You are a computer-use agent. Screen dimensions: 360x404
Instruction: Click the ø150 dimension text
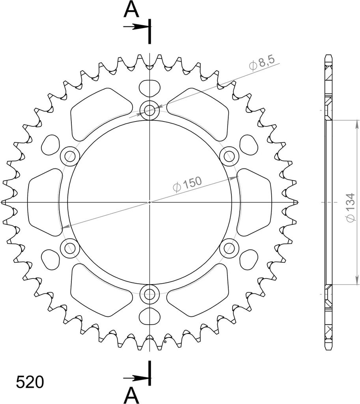[x=187, y=184]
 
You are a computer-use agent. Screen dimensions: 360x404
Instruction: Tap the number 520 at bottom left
[x=30, y=382]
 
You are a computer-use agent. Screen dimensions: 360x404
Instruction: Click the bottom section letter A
[x=131, y=395]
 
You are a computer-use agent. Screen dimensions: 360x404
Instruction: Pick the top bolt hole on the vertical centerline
[x=149, y=110]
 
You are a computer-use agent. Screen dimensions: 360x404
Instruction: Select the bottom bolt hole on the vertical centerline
[x=149, y=294]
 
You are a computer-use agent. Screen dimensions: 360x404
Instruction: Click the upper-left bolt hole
[x=70, y=156]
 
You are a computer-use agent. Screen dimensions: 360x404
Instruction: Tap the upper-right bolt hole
[x=229, y=156]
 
